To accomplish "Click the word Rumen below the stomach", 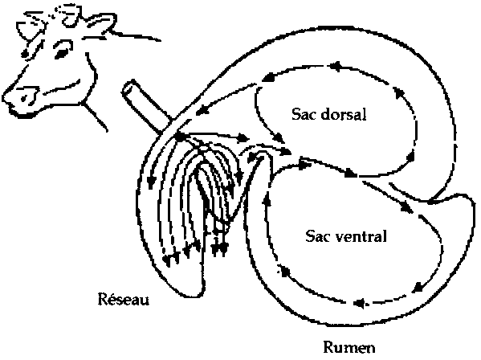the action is click(x=349, y=348).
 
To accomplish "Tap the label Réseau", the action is click(x=124, y=299).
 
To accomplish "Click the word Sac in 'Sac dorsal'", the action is click(x=303, y=114).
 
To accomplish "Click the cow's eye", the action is click(x=61, y=54).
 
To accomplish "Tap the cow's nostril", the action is click(x=23, y=98).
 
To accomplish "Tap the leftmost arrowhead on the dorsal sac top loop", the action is click(x=267, y=78).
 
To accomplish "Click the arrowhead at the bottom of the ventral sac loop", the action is click(x=359, y=304).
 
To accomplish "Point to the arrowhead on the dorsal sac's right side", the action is click(x=410, y=157).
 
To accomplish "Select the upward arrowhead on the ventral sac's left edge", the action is click(x=267, y=199).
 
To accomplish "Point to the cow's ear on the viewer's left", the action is click(x=28, y=30).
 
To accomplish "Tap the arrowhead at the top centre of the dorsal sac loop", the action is click(x=335, y=66).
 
